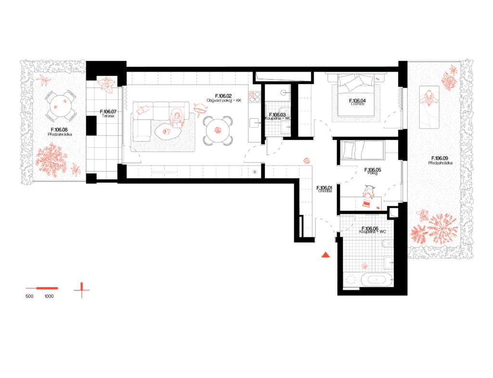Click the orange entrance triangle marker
click(325, 254)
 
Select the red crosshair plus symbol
click(81, 290)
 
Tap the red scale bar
click(42, 288)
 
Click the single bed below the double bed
click(363, 150)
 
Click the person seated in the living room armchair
click(177, 117)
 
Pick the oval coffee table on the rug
click(166, 131)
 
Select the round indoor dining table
click(218, 130)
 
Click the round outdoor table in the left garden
click(60, 106)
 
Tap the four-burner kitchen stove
click(254, 97)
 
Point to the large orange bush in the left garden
click(51, 159)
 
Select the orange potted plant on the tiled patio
click(106, 85)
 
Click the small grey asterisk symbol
click(255, 172)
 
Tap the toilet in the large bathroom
click(388, 243)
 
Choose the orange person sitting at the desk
click(368, 195)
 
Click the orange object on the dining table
click(218, 130)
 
